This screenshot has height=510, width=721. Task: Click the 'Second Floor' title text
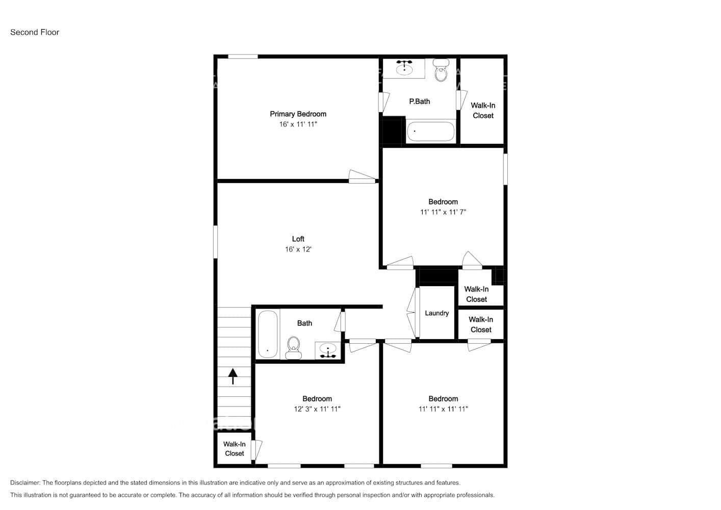click(x=35, y=32)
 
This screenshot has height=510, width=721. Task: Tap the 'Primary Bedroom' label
click(x=298, y=114)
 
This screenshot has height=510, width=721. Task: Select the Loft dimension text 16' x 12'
click(x=298, y=249)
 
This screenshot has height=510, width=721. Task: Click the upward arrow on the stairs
click(x=233, y=376)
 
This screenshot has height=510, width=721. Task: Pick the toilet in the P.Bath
click(x=441, y=71)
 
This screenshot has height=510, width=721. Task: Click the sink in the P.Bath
click(x=404, y=68)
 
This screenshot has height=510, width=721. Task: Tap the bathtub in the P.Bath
click(x=430, y=131)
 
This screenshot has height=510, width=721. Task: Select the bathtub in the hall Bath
click(x=268, y=334)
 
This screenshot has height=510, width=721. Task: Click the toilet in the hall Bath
click(x=293, y=347)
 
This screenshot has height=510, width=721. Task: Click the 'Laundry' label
click(x=436, y=313)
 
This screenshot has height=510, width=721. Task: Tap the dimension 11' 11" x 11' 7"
click(x=443, y=212)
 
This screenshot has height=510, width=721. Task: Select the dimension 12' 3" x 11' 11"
click(x=317, y=409)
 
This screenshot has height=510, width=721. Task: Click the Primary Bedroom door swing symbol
click(x=362, y=176)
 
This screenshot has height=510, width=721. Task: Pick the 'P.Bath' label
click(x=419, y=101)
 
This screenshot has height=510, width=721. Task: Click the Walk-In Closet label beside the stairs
click(x=235, y=449)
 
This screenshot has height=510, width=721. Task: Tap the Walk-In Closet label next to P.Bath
click(x=482, y=111)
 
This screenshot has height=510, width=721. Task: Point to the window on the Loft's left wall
click(x=216, y=242)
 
